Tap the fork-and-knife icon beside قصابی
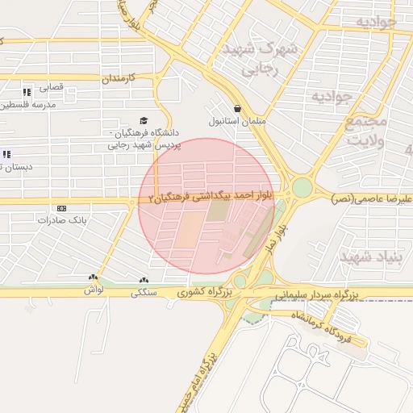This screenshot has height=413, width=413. [27, 92]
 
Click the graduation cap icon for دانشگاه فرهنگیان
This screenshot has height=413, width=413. [144, 119]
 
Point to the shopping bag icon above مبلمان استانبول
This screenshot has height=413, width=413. [237, 108]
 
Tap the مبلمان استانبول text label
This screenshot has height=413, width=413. [237, 122]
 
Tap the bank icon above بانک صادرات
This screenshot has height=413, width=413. [61, 207]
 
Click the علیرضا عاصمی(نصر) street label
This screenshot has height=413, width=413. [373, 198]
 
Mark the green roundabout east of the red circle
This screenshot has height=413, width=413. [302, 188]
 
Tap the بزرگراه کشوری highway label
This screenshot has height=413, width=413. [205, 291]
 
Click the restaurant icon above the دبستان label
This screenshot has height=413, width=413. [7, 154]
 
